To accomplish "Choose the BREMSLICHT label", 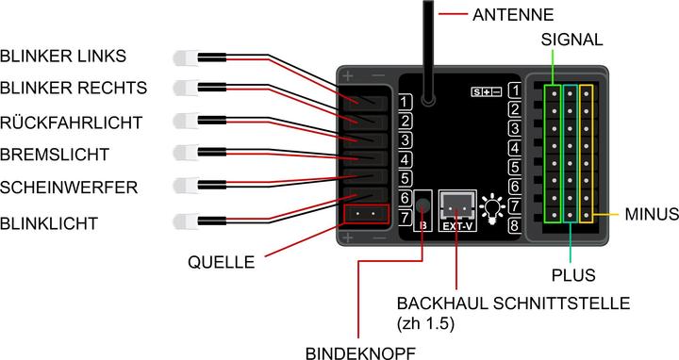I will (56, 154).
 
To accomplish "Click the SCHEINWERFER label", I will (70, 187).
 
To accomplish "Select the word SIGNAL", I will (571, 41).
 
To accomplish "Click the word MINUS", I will (652, 215).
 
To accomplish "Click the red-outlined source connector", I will (367, 214).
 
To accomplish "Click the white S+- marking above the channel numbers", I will (488, 91).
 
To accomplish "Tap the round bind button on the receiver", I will (422, 205).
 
